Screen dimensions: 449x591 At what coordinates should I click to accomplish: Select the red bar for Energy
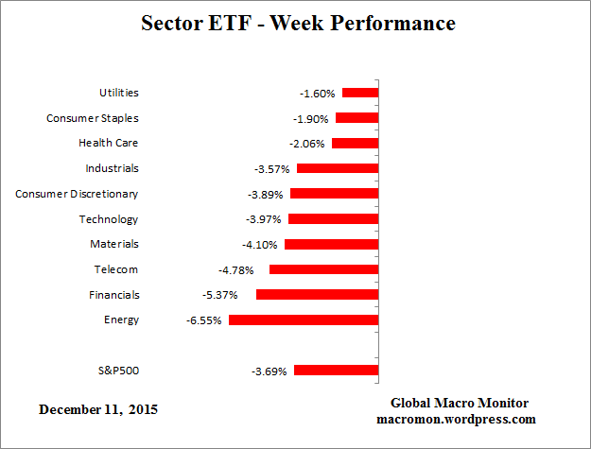[304, 320]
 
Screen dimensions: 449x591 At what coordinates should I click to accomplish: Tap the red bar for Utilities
[360, 93]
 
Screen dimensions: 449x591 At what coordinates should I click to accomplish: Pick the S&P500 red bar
[336, 371]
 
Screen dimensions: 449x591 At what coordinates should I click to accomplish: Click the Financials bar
[317, 295]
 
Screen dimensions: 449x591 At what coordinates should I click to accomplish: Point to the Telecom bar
[323, 269]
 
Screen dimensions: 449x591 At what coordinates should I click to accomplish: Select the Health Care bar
[355, 144]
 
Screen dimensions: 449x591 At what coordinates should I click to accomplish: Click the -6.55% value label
[204, 320]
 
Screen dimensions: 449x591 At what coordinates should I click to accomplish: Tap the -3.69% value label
[269, 371]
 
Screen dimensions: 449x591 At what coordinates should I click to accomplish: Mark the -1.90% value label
[311, 118]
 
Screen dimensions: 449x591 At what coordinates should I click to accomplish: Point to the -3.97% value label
[264, 219]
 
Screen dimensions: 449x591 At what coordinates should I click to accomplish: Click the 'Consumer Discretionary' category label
[77, 194]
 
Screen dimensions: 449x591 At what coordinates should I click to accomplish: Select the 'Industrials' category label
[112, 168]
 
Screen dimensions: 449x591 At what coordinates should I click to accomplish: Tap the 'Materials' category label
[114, 244]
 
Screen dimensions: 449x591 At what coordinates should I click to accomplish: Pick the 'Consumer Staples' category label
[93, 118]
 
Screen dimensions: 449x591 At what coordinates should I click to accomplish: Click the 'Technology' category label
[109, 219]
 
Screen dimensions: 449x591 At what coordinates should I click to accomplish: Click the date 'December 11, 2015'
[98, 410]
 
